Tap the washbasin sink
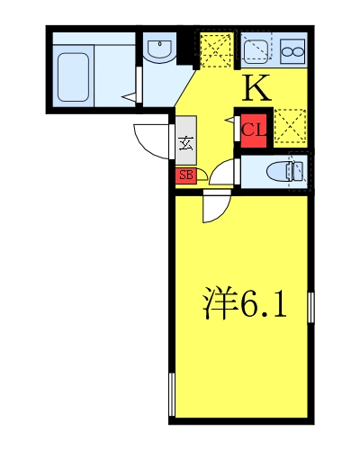(x=160, y=50)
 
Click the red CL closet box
(x=252, y=128)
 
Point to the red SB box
(x=185, y=174)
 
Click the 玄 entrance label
(x=185, y=141)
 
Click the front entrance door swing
(x=151, y=138)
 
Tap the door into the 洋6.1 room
(x=214, y=206)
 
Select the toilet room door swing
(x=222, y=171)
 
